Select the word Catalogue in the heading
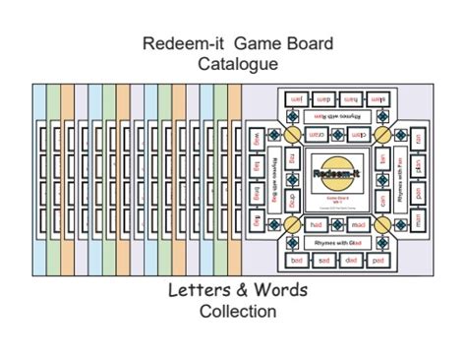[233, 64]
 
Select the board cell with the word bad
[296, 261]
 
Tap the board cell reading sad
[322, 261]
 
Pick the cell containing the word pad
[378, 261]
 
